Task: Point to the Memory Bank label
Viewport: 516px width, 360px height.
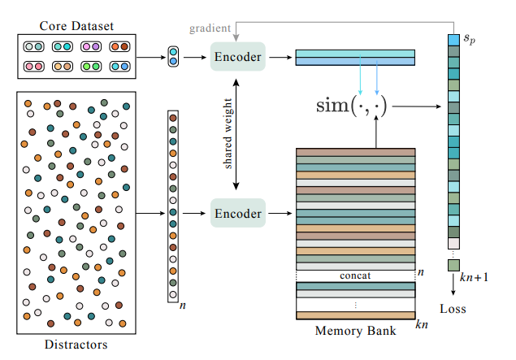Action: coord(355,331)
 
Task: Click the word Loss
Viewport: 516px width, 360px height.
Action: coord(453,309)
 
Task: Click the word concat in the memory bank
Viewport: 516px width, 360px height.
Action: coord(355,275)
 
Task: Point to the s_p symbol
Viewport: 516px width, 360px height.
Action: coord(469,37)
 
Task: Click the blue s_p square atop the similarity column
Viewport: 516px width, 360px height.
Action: coord(453,39)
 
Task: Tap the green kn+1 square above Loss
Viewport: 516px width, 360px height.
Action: coord(453,265)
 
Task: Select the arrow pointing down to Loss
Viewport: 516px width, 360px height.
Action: coord(453,284)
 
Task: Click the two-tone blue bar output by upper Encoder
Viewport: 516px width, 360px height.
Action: coord(355,56)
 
